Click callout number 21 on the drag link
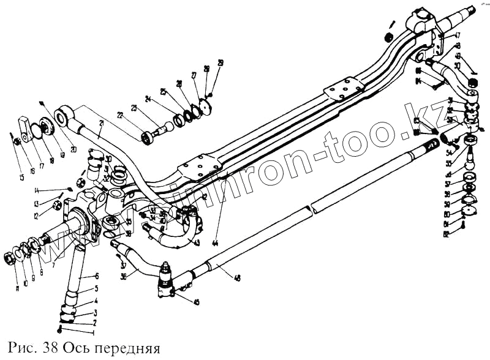tap(102, 123)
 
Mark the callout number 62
tap(447, 234)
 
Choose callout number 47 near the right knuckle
tap(457, 36)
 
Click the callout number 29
tap(220, 62)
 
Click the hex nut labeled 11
tap(10, 258)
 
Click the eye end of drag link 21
tap(64, 116)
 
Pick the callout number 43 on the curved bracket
tap(197, 242)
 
